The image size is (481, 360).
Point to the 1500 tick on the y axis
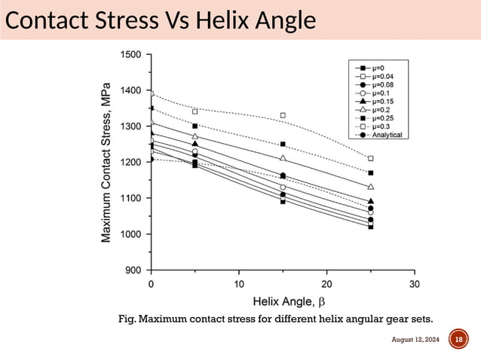pos(130,55)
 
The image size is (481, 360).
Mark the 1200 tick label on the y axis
pos(130,163)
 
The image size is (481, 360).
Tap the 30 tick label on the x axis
pos(414,284)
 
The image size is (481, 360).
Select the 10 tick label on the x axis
pos(239,284)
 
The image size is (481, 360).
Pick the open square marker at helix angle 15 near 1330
pos(283,116)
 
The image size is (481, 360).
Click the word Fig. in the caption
pos(128,319)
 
